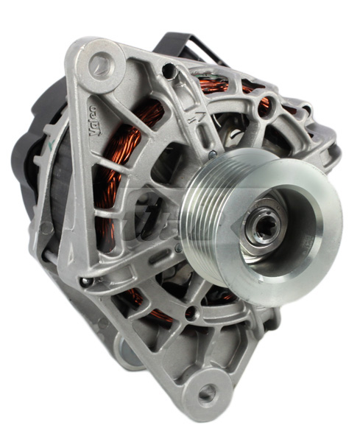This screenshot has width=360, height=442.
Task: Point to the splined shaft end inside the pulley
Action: pos(264,225)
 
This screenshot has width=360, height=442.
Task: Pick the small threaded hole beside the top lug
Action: pos(170,71)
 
